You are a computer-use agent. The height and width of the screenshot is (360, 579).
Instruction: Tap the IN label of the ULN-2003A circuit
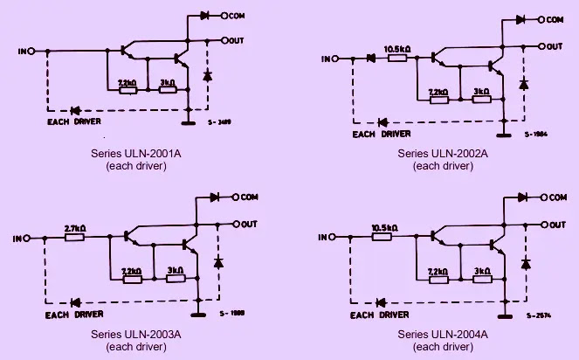coord(18,237)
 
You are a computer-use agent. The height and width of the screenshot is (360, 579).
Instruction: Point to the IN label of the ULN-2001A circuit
coord(22,52)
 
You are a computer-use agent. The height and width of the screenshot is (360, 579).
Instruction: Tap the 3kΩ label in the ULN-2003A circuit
coord(174,272)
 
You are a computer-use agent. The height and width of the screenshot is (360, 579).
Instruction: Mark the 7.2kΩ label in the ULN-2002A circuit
coord(438,90)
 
